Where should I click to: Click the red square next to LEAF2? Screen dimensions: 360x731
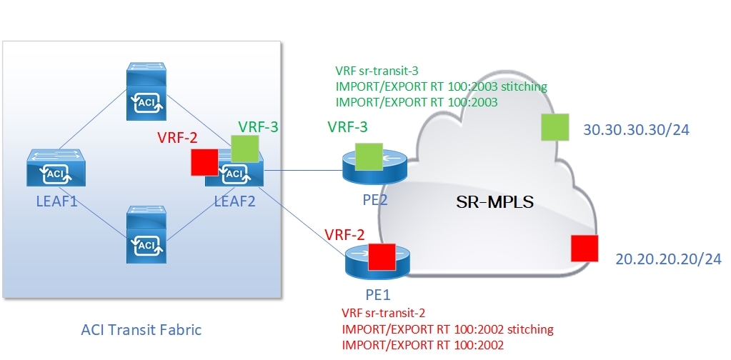pos(204,162)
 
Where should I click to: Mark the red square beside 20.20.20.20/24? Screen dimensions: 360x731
pos(586,248)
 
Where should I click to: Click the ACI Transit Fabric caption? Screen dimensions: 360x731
pos(140,329)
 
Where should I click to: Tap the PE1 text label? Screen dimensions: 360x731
pos(372,293)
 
